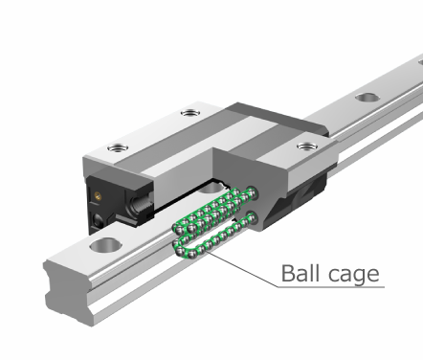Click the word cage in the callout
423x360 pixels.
[x=353, y=275]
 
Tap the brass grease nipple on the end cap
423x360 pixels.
[x=98, y=195]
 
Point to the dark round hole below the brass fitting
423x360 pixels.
[x=98, y=220]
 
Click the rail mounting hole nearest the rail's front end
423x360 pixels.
[x=106, y=245]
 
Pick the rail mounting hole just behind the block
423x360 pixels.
[x=369, y=98]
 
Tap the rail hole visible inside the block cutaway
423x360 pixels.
[x=211, y=188]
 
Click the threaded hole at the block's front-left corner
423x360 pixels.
[x=118, y=148]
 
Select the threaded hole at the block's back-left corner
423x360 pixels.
[x=190, y=113]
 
